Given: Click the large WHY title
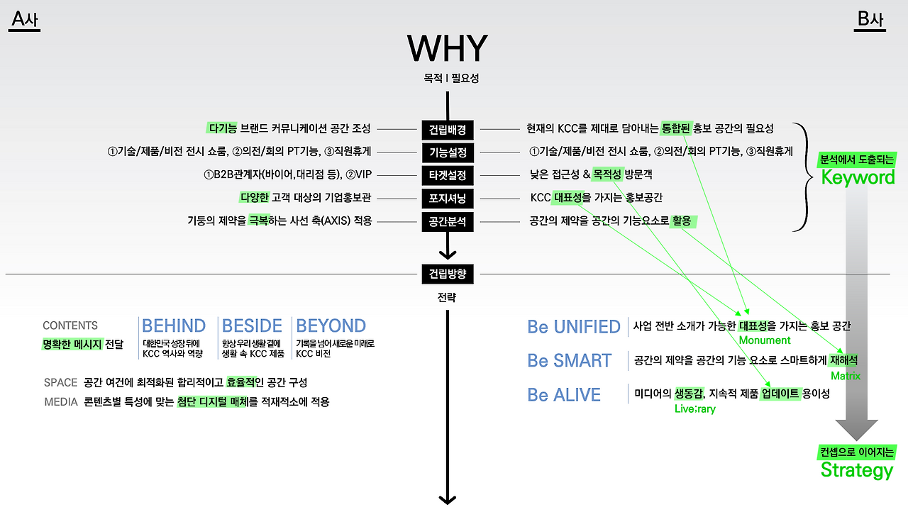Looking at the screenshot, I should pyautogui.click(x=447, y=48).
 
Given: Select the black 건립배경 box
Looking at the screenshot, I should pyautogui.click(x=447, y=130).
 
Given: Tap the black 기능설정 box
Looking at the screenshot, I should pyautogui.click(x=447, y=152).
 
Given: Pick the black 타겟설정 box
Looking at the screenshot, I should pyautogui.click(x=447, y=174).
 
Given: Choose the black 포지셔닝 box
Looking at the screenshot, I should pyautogui.click(x=447, y=198).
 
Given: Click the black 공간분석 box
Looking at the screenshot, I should pyautogui.click(x=447, y=221).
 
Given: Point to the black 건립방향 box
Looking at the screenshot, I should pyautogui.click(x=447, y=273).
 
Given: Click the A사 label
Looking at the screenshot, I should pyautogui.click(x=25, y=20).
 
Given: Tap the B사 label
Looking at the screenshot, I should pyautogui.click(x=870, y=20).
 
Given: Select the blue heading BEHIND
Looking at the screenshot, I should pyautogui.click(x=174, y=325).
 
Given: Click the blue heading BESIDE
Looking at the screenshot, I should pyautogui.click(x=252, y=325).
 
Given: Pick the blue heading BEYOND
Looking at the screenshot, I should pyautogui.click(x=331, y=325).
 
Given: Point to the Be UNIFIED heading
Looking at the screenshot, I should pyautogui.click(x=573, y=327).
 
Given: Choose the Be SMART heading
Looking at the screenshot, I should pyautogui.click(x=569, y=361).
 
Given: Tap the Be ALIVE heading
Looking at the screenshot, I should pyautogui.click(x=564, y=395).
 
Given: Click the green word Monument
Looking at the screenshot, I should pyautogui.click(x=764, y=340).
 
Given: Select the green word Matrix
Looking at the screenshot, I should pyautogui.click(x=845, y=376).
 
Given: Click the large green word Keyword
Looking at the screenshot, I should pyautogui.click(x=858, y=177).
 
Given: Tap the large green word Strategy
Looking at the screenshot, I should pyautogui.click(x=856, y=470).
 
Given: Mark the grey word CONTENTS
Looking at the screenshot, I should pyautogui.click(x=70, y=325).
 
